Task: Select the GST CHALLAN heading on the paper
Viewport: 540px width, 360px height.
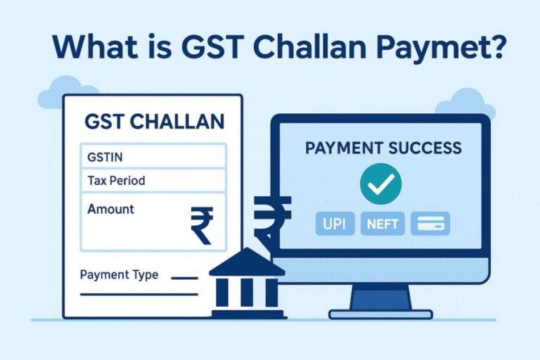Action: (x=154, y=121)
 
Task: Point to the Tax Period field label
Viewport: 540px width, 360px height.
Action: (x=116, y=181)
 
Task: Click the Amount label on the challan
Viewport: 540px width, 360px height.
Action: (x=111, y=209)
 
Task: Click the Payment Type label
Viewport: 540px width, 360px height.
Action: (x=119, y=274)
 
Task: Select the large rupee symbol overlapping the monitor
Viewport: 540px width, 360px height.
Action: (x=271, y=214)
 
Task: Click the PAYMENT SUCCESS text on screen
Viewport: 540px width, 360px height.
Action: (x=382, y=148)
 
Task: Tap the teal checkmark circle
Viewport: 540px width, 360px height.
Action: (x=380, y=184)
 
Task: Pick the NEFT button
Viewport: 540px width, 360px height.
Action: (x=382, y=224)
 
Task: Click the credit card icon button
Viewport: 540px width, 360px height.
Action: (x=430, y=224)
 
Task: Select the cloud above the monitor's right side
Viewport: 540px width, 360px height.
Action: (x=463, y=104)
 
